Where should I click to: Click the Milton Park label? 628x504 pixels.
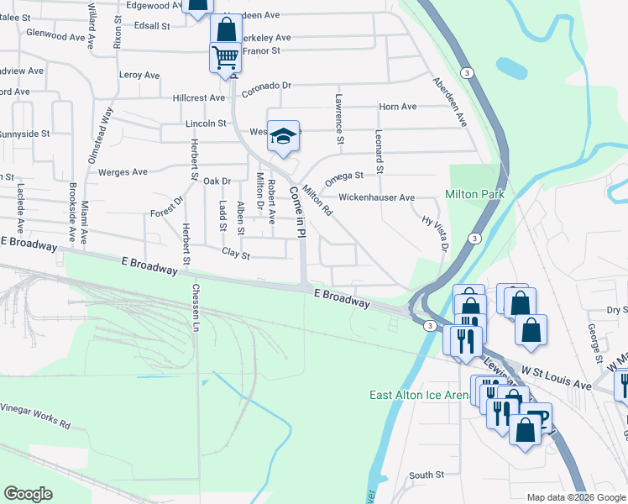tap(473, 194)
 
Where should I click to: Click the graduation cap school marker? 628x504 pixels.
tap(284, 135)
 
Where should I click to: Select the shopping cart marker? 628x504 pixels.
tap(225, 58)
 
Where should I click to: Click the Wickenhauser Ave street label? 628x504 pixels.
tap(376, 198)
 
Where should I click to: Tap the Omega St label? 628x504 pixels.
tap(344, 176)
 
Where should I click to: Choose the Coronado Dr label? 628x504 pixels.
tap(266, 86)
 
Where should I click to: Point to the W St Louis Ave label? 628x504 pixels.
tap(556, 378)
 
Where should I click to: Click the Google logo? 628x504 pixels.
tap(29, 494)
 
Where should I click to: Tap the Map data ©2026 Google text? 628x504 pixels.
tap(575, 497)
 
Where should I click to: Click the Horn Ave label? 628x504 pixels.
tap(398, 107)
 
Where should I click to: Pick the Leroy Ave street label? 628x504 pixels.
tap(140, 75)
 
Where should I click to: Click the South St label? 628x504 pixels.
tap(426, 475)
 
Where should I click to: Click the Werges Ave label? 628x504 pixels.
tap(123, 172)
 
